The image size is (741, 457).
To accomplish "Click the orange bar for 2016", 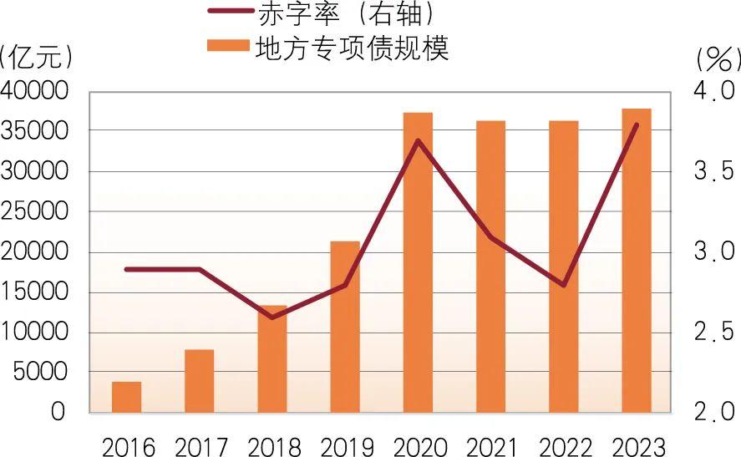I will (126, 397).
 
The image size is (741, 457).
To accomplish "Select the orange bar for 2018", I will (272, 359).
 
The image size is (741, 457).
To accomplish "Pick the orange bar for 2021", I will (490, 267).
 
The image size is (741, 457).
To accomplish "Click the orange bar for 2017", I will (199, 381).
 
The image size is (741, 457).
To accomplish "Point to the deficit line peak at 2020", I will (418, 140).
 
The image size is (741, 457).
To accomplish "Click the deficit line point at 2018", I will (272, 317).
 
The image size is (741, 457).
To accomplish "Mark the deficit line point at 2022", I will (564, 286).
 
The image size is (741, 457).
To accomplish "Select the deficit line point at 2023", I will (637, 124).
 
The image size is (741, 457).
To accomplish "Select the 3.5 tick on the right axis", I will (713, 171).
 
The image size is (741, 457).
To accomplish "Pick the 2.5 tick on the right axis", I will (713, 333).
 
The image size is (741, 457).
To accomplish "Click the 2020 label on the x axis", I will (418, 444).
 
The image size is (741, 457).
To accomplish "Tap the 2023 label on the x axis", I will (637, 444).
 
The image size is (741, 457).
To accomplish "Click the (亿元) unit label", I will (37, 57).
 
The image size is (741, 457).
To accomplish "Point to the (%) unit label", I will (717, 58).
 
